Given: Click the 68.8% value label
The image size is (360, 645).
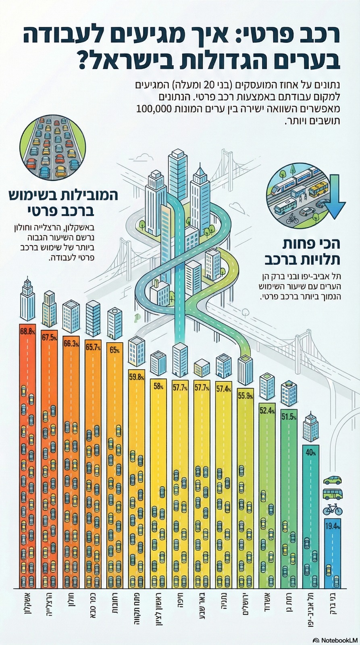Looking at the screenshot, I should click(27, 331).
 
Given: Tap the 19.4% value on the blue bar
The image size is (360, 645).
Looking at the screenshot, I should click(332, 526).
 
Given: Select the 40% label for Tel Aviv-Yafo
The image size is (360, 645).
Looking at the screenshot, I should click(310, 452).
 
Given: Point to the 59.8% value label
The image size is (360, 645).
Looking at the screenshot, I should click(136, 377).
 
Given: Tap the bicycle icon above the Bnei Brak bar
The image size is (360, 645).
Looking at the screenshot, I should click(332, 510).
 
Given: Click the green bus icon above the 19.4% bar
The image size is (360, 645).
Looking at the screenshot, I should click(333, 494).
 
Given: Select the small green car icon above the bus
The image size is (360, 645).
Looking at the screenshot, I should click(333, 480).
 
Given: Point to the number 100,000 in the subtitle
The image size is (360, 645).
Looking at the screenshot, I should click(156, 108).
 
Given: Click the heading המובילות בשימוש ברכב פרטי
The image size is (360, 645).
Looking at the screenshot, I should click(63, 203).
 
